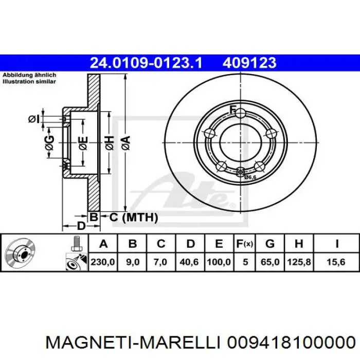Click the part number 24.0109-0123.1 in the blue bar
[x=146, y=63]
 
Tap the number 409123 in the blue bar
[x=249, y=63]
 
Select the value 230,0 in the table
[x=103, y=262]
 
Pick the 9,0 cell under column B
[x=133, y=262]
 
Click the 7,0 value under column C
[x=160, y=262]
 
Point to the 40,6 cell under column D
[x=189, y=262]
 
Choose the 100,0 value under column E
[x=219, y=262]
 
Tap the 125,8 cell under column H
[x=299, y=262]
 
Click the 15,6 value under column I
[x=336, y=262]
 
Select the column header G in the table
[x=270, y=244]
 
